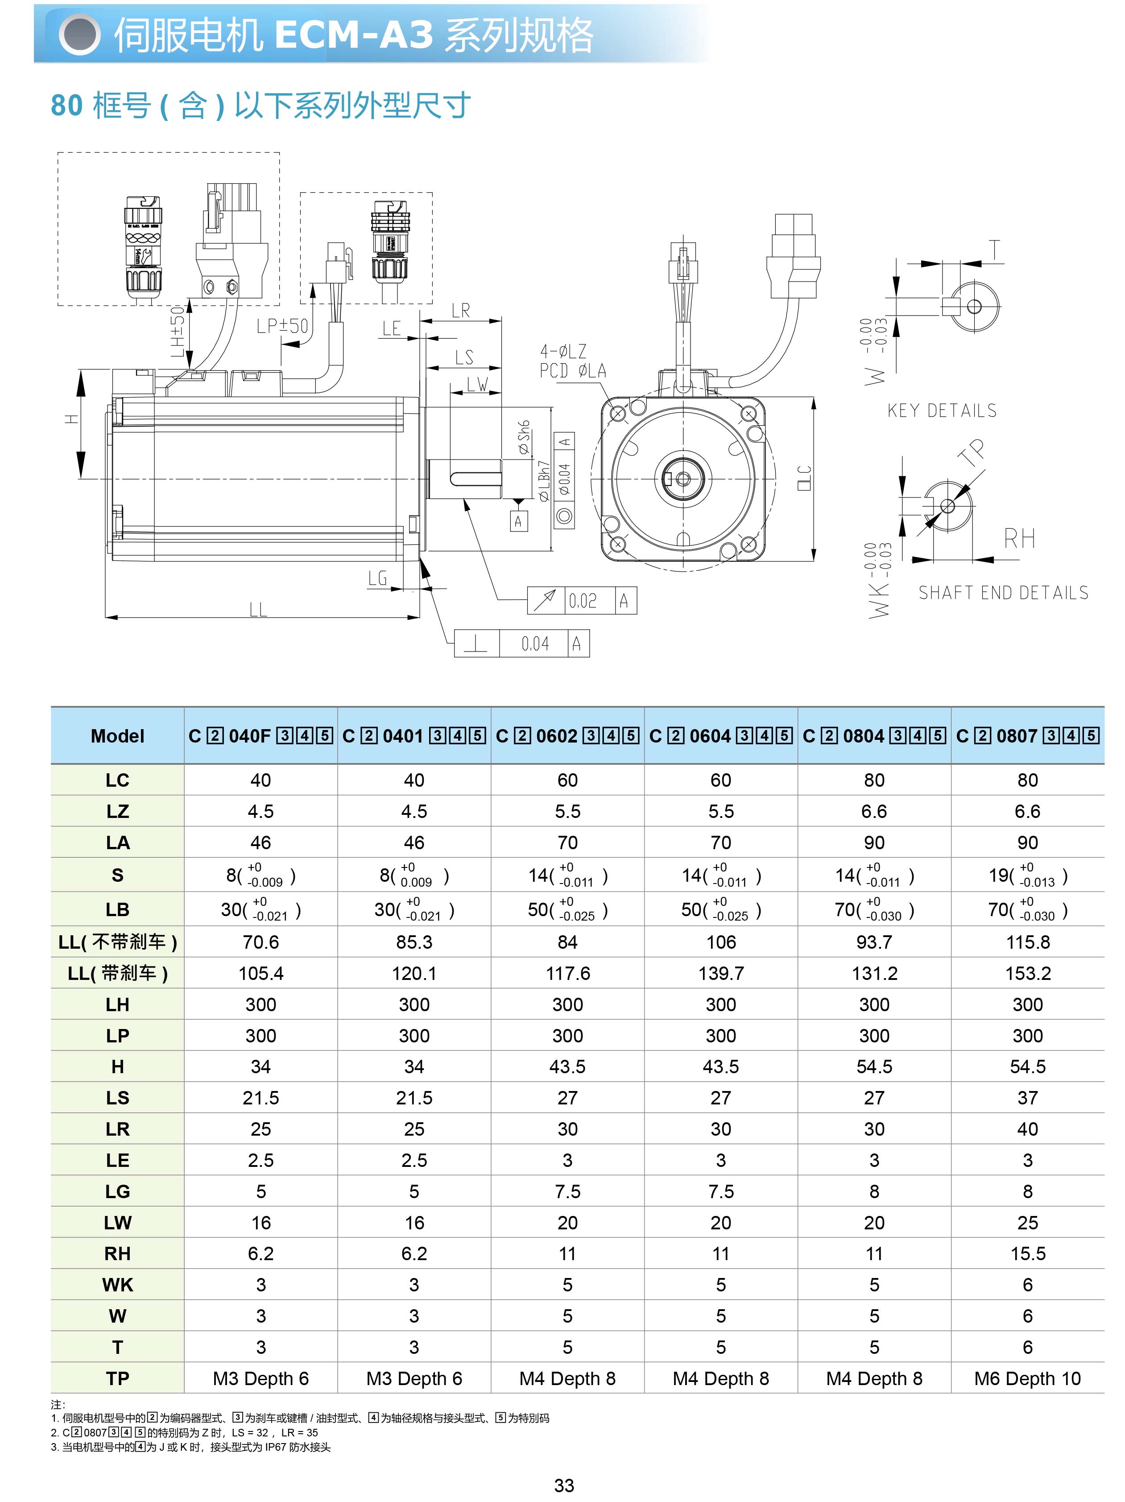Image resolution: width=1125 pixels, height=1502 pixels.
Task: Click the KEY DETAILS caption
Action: coord(942,411)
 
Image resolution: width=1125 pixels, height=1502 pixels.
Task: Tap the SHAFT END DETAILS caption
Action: coord(1003,593)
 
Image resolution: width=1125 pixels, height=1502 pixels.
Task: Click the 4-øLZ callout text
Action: coord(563,352)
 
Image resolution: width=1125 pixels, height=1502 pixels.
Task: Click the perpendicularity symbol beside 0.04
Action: coord(476,643)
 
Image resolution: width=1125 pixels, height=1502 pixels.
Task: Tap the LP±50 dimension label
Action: coord(282,327)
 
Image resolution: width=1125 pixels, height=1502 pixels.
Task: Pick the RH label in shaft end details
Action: coord(1019,539)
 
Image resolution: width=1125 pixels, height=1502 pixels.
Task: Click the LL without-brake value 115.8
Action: coord(1027,942)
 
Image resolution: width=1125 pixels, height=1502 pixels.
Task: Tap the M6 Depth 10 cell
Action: coord(1027,1378)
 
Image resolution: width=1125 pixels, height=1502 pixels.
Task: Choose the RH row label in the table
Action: coord(117,1253)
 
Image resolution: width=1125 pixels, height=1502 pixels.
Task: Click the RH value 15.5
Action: coord(1027,1253)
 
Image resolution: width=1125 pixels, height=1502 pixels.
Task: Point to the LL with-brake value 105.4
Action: coord(261,973)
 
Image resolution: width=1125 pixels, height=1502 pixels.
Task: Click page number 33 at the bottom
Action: coord(563,1485)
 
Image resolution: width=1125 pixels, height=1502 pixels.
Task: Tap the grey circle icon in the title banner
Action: coord(79,35)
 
